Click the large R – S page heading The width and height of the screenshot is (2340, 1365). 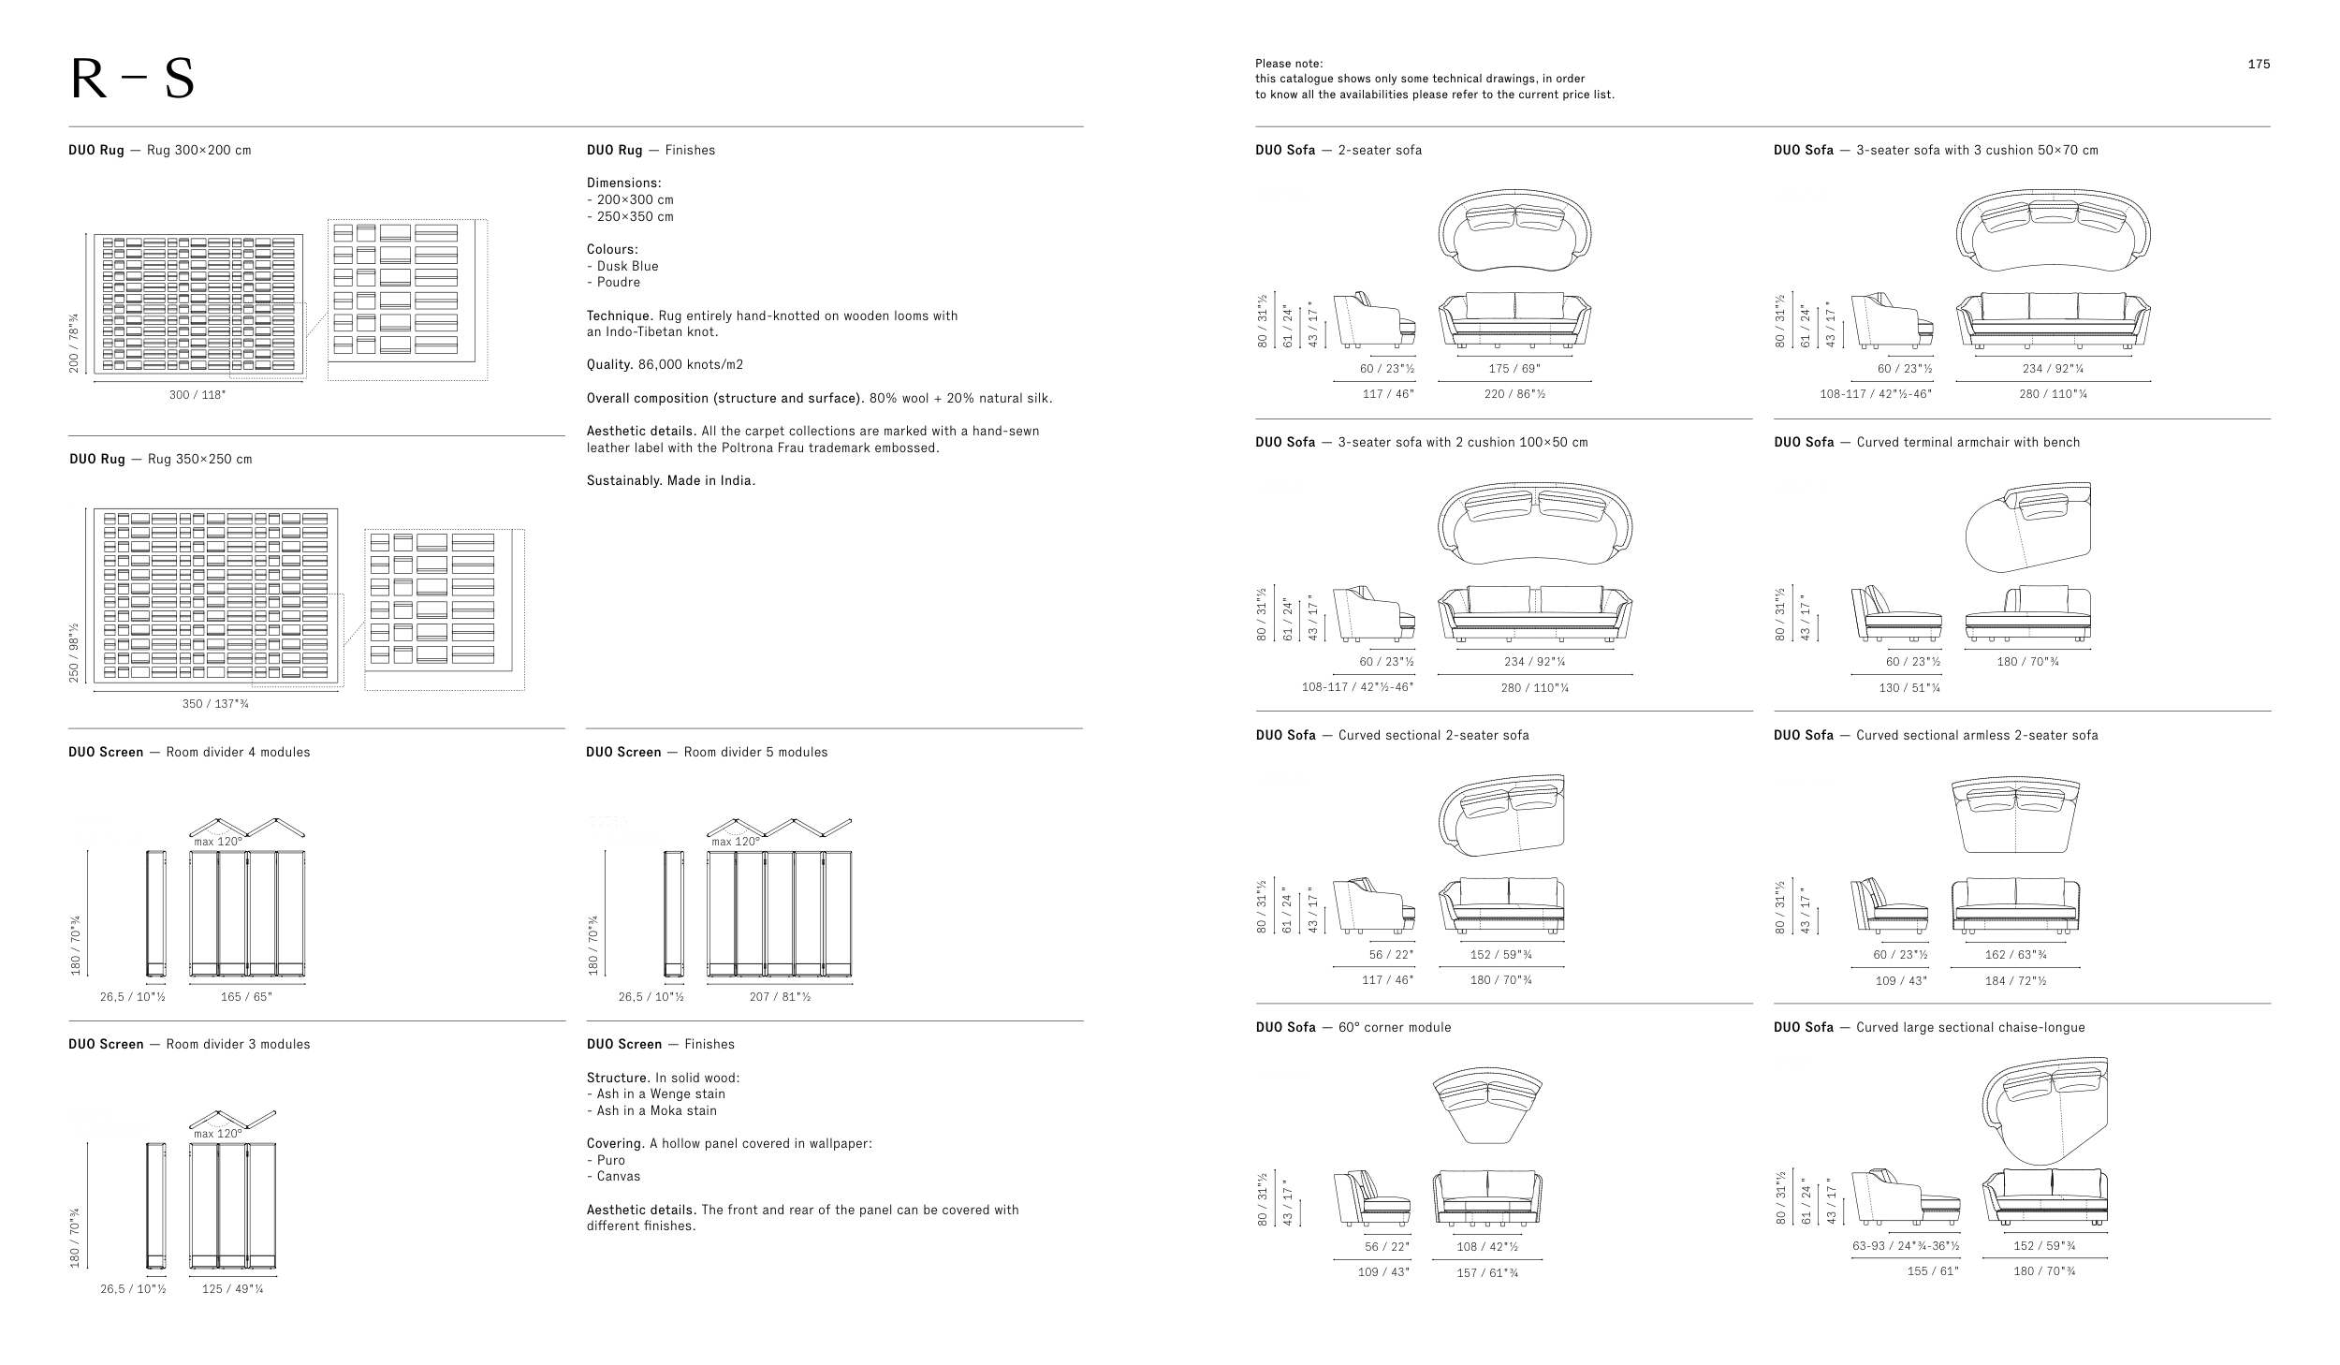(132, 81)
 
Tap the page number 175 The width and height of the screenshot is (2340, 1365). (2259, 65)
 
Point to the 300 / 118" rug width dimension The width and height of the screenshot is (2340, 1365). (197, 394)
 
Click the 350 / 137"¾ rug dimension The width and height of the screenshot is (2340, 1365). (215, 704)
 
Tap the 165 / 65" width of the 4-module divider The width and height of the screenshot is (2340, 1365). (246, 997)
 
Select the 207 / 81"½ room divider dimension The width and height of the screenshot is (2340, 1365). (780, 997)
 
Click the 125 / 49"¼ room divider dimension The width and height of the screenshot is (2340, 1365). (233, 1289)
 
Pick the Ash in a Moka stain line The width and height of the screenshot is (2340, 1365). (656, 1110)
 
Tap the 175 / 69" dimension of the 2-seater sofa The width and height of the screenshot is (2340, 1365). (1514, 369)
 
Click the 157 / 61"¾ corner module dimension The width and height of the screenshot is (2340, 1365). (1486, 1272)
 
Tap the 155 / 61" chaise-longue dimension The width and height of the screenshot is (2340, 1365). (1932, 1270)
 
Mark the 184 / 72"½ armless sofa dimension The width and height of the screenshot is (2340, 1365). (2015, 980)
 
